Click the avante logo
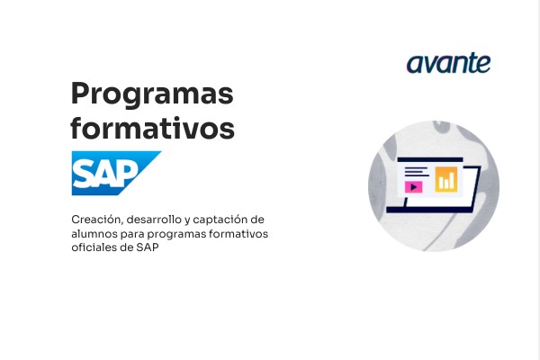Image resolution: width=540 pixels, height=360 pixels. click(448, 63)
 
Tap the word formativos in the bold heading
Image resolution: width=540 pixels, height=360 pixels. click(152, 128)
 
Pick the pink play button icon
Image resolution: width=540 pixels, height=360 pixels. click(414, 187)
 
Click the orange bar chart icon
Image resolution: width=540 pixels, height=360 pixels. click(445, 179)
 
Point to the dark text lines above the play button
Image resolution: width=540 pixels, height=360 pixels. click(415, 172)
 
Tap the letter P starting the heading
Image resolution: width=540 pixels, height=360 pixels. click(80, 94)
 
